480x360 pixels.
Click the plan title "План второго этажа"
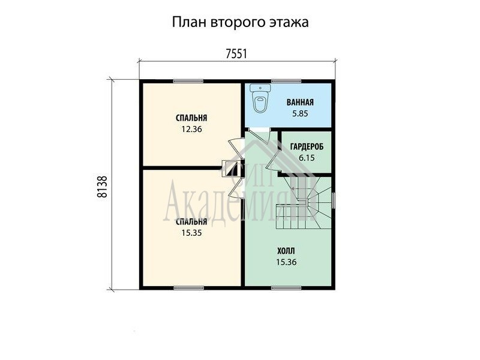tap(240, 22)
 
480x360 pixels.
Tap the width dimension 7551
tap(236, 54)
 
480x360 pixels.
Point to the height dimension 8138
tap(103, 187)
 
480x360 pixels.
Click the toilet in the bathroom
tap(260, 98)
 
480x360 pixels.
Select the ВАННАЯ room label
tap(300, 102)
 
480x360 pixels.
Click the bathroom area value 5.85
tap(300, 113)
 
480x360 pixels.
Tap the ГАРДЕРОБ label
tap(307, 147)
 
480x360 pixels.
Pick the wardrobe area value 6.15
tap(307, 158)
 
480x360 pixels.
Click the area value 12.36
tap(191, 129)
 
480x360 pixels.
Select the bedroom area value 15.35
tap(191, 233)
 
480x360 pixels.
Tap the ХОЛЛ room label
tap(286, 251)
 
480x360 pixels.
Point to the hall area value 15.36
tap(286, 262)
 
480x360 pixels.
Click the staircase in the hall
tap(304, 202)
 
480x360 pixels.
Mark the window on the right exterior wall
tap(334, 200)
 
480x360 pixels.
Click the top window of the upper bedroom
tap(188, 81)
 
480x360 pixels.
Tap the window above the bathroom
tap(286, 81)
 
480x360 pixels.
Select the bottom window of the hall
tap(286, 288)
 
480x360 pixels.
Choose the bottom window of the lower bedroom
tap(188, 288)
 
